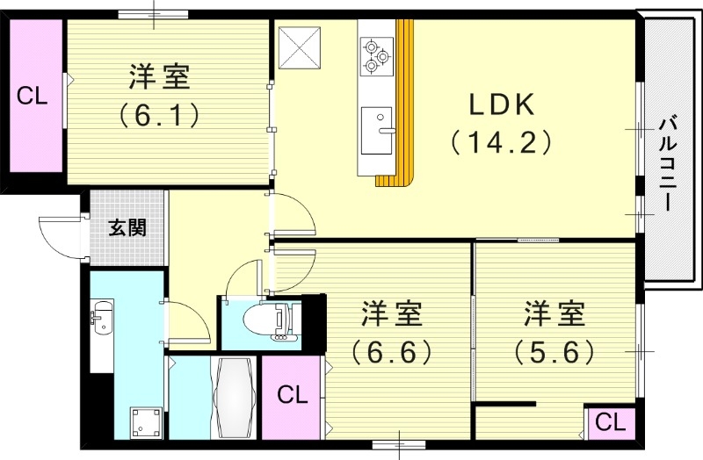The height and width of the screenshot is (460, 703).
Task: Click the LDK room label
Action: coord(501,105)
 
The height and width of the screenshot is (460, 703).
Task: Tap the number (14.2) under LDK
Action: coord(501,141)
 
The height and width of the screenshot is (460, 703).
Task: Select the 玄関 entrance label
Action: coord(127,227)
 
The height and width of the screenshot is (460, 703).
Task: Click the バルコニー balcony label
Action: coord(669,163)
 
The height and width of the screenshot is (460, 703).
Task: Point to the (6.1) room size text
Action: coord(159,114)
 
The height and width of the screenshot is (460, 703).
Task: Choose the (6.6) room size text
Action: coord(392,351)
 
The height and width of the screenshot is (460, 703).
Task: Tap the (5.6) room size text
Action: coord(555,351)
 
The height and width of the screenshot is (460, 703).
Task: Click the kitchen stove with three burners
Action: coord(377,53)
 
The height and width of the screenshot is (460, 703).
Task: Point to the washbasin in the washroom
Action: coord(101,318)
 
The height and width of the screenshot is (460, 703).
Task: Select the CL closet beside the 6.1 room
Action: coord(32,96)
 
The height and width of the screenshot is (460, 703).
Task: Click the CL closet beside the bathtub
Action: coord(293,394)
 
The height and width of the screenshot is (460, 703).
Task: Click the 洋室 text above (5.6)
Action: coord(555,313)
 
